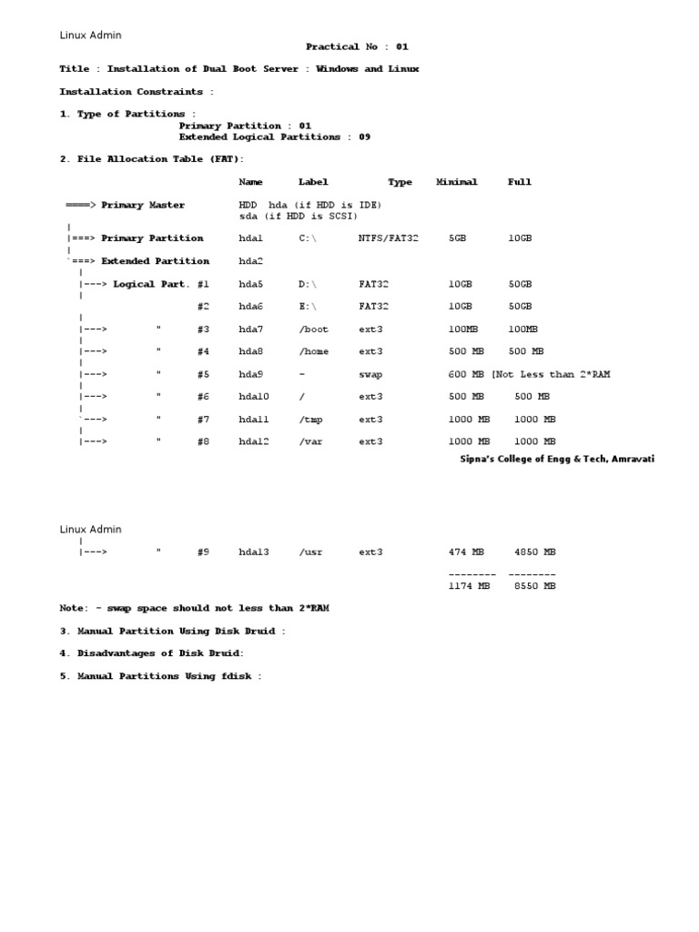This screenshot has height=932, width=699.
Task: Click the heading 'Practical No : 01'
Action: (350, 46)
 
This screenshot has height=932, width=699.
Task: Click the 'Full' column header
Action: (519, 182)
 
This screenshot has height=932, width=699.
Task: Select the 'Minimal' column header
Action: (456, 182)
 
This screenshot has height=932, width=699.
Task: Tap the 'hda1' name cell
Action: (250, 238)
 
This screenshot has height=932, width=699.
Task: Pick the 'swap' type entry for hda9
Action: (370, 374)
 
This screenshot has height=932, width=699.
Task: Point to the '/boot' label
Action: (313, 329)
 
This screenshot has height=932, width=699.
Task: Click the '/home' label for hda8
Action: (313, 351)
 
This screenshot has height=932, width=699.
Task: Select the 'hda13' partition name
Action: (254, 552)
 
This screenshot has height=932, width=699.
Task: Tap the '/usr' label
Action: (310, 552)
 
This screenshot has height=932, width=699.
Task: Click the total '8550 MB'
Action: (532, 587)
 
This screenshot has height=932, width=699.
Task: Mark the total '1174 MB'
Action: (469, 587)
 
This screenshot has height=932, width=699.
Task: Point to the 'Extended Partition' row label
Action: (155, 261)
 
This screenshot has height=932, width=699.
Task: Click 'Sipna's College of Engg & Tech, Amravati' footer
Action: (556, 460)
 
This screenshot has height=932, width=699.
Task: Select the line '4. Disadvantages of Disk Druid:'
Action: (152, 653)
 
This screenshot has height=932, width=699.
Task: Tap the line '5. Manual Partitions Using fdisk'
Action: (160, 676)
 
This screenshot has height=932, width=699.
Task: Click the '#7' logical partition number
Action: (203, 420)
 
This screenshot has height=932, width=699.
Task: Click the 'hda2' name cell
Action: (250, 261)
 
